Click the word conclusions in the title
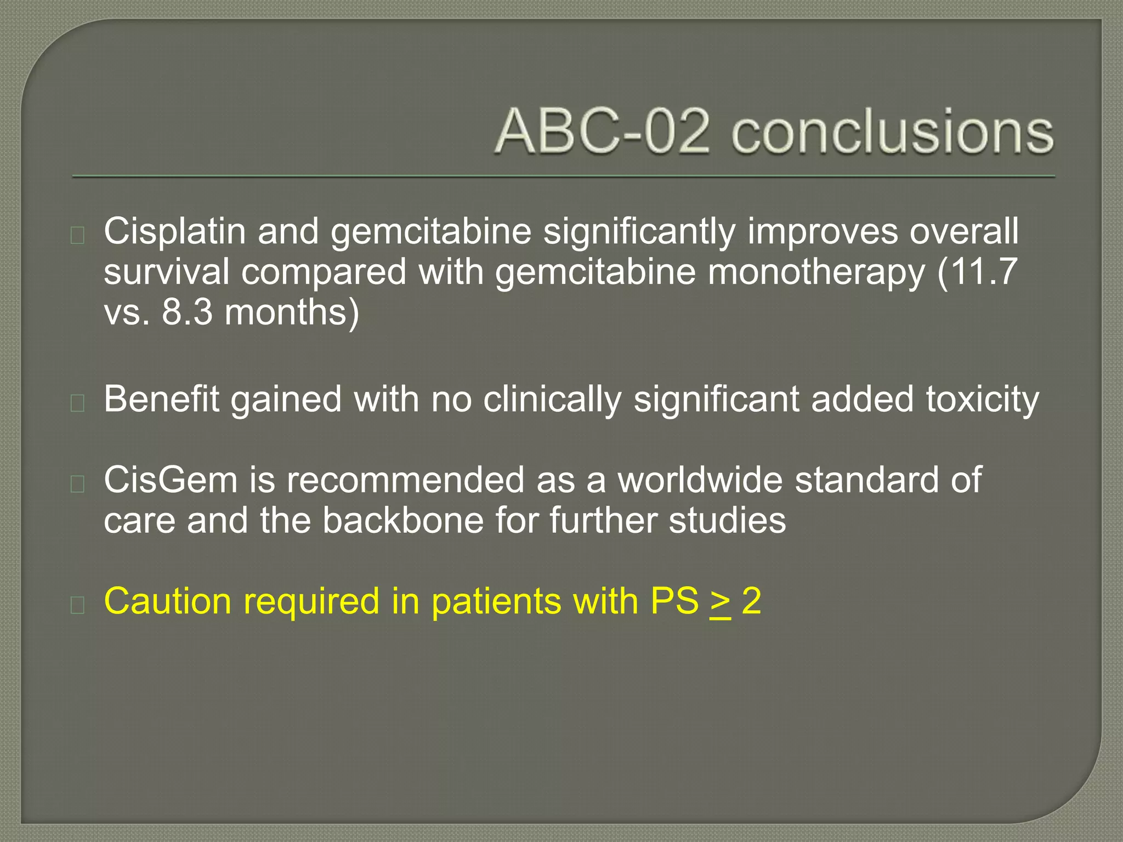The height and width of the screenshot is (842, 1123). coord(892,132)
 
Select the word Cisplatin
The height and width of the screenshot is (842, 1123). coord(174,231)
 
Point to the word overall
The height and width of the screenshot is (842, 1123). coord(964,231)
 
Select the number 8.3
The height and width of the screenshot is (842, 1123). coord(186,312)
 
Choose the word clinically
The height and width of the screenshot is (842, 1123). coord(552,400)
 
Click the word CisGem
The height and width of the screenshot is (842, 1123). coord(171,480)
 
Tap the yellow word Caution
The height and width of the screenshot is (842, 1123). coord(167,601)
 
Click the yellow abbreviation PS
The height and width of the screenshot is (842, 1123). coord(674,601)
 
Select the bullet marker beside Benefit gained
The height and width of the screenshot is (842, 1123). coord(77,403)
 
